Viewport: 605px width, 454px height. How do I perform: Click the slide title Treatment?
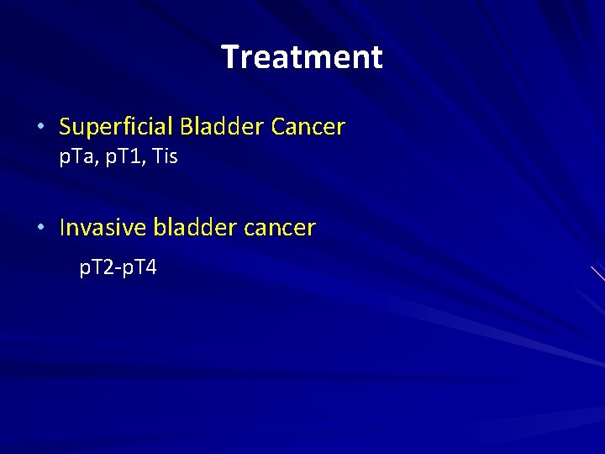[302, 57]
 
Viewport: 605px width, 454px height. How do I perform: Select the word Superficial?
[115, 127]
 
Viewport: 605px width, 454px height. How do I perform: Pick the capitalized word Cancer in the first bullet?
[308, 127]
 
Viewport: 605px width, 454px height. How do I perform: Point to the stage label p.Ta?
[76, 156]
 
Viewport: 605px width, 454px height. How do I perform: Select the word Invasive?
[101, 227]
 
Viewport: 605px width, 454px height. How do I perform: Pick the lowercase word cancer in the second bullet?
[281, 228]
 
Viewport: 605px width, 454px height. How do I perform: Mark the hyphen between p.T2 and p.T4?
[118, 269]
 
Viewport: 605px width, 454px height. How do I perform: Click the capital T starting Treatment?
[229, 57]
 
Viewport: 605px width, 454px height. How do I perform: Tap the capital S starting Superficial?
[66, 127]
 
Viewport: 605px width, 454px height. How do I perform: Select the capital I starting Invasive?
[63, 227]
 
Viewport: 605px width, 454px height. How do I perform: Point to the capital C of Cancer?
[279, 127]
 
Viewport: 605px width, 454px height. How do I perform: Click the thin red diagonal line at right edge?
[597, 273]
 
